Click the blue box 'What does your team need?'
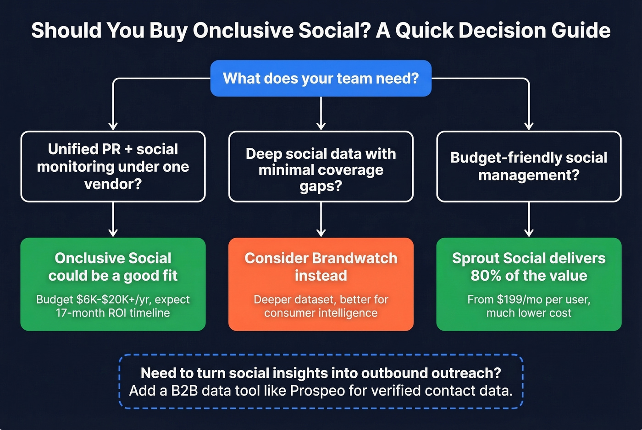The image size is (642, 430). pyautogui.click(x=321, y=78)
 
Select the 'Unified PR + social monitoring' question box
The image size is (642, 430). pyautogui.click(x=113, y=167)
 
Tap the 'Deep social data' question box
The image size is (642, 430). pyautogui.click(x=321, y=167)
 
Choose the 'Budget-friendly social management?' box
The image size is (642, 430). pyautogui.click(x=529, y=167)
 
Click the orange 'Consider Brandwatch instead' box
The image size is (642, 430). pyautogui.click(x=321, y=284)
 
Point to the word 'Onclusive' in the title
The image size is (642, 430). pyautogui.click(x=243, y=31)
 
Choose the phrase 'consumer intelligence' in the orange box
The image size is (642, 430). pyautogui.click(x=321, y=313)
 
